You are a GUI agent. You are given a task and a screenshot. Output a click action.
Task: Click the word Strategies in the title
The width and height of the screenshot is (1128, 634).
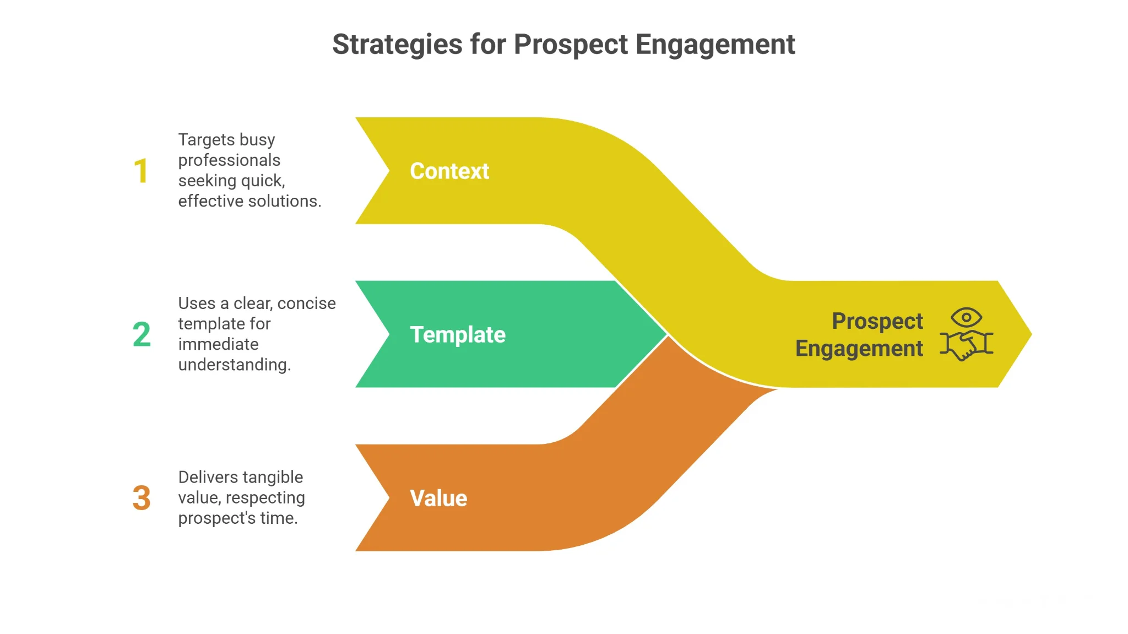pos(397,45)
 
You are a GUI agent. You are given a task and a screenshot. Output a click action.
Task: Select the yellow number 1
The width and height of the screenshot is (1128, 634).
pos(141,171)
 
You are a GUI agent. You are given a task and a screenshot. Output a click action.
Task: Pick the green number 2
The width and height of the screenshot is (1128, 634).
pos(142,334)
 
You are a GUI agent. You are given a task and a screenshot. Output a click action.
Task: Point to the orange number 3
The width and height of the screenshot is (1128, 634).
pos(142,498)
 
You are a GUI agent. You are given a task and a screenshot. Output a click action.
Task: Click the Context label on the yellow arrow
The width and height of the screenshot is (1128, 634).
pos(449,171)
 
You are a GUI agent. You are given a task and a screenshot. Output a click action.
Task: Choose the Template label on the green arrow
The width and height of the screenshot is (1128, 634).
pos(458,335)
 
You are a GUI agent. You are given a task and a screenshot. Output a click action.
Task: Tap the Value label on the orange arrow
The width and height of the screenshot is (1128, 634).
pos(438,498)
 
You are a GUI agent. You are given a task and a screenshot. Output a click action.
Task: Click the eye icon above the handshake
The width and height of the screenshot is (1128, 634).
pos(966,317)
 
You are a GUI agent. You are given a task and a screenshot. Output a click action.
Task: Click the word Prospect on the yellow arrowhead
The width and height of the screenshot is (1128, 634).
pos(877,321)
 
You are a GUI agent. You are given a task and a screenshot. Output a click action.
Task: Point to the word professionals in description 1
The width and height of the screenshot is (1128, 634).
pos(229,160)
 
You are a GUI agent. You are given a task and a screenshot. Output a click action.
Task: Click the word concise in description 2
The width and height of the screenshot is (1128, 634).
pos(306,304)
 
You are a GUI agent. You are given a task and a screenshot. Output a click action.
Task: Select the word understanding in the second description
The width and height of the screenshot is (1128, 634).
pos(234,365)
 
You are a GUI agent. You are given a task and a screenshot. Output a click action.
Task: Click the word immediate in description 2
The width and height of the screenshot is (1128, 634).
pos(218,344)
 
